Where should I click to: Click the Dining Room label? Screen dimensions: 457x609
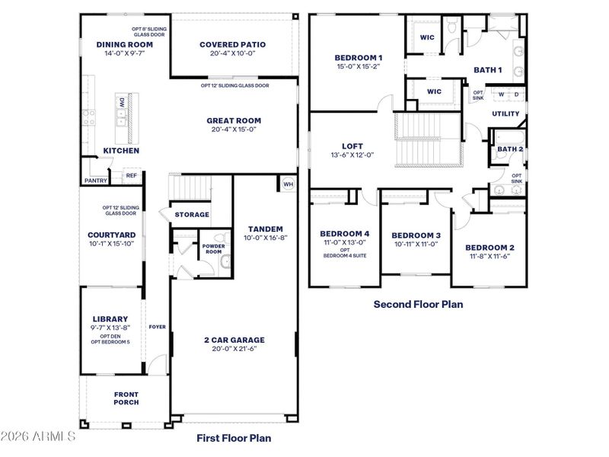point(125,45)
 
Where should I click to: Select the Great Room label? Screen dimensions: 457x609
point(234,120)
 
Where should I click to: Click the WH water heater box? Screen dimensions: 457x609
point(288,184)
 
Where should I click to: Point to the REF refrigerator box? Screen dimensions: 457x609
point(131,176)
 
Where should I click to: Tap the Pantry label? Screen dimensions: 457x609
point(95,181)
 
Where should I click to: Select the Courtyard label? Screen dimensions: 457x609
point(111,235)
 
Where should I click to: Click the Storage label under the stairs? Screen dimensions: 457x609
point(192,215)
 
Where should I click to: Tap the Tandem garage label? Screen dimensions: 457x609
point(265,228)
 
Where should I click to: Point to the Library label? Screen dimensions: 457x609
point(110,319)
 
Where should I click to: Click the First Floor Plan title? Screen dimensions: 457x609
point(234,438)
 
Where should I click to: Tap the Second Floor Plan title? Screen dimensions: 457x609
point(417,304)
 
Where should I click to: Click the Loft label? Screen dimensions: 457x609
point(352,146)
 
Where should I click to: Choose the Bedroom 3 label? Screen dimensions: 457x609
point(416,235)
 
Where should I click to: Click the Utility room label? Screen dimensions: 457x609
point(505,114)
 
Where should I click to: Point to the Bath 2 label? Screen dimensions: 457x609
point(510,149)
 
